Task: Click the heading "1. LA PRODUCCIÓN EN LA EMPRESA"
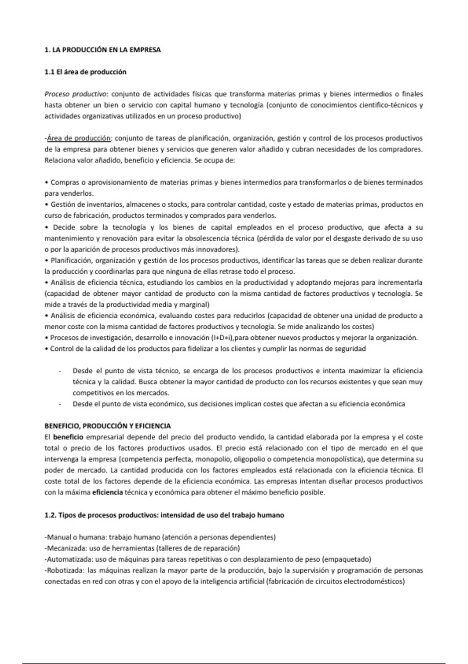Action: pyautogui.click(x=103, y=50)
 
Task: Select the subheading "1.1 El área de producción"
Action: pyautogui.click(x=85, y=72)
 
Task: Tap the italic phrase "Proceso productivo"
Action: pyautogui.click(x=76, y=94)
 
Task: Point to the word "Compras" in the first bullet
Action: pyautogui.click(x=64, y=182)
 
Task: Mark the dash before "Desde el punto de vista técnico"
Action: pyautogui.click(x=59, y=371)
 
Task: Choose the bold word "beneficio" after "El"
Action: pyautogui.click(x=68, y=437)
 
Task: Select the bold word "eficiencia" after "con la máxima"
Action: pyautogui.click(x=107, y=492)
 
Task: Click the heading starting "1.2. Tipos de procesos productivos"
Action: pyautogui.click(x=164, y=515)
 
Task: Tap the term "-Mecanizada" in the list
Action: pyautogui.click(x=64, y=548)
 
